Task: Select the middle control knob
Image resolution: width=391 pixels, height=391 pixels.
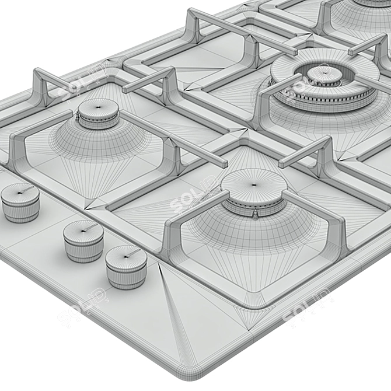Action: [x=83, y=240]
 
